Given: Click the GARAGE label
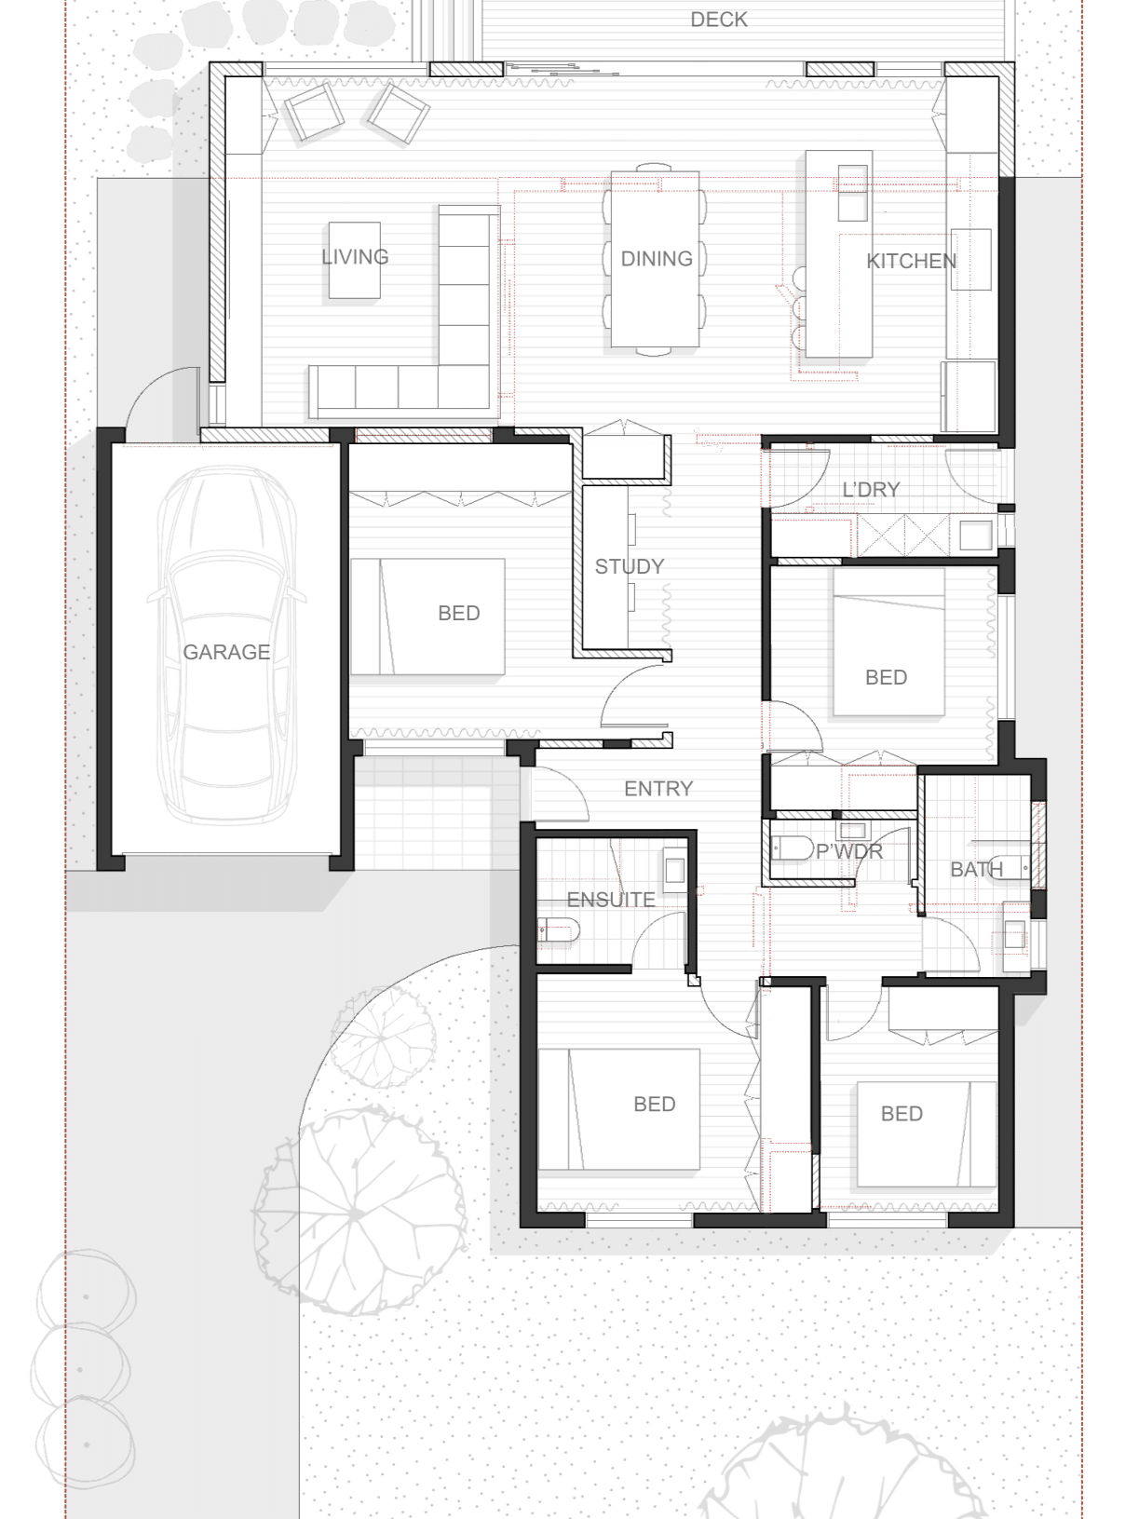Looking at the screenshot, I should [x=226, y=652].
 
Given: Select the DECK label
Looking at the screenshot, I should [x=718, y=20].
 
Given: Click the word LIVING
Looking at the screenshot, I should [x=355, y=257].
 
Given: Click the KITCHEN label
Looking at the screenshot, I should [x=911, y=261].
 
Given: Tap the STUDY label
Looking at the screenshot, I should [x=630, y=566].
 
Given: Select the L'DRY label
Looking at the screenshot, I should [x=871, y=490].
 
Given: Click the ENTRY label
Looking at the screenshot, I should [x=658, y=789].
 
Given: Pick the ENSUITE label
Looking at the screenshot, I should [x=611, y=900].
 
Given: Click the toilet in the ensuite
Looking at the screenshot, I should [x=559, y=929].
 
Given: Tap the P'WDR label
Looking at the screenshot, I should [x=848, y=851].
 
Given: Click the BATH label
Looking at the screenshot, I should [x=976, y=870].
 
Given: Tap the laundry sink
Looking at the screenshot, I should [x=976, y=536].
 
